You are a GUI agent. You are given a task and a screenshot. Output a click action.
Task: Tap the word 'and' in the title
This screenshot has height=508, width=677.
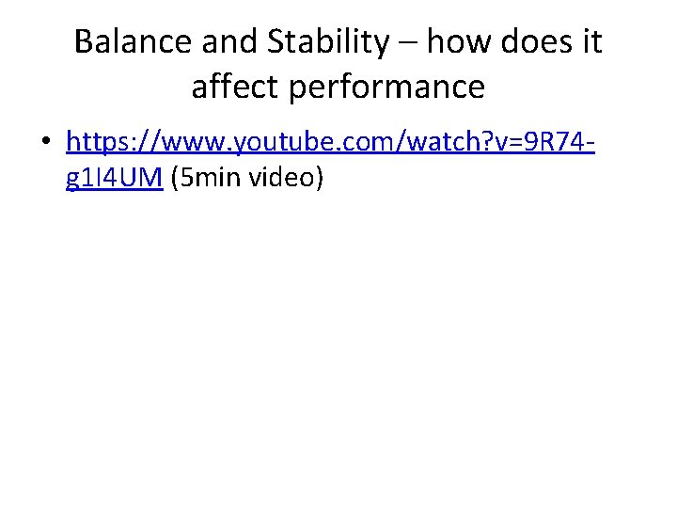point(228,42)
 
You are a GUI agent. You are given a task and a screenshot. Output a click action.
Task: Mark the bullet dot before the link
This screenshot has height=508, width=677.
point(45,144)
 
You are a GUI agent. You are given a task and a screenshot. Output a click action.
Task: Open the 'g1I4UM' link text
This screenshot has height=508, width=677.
point(116,177)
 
